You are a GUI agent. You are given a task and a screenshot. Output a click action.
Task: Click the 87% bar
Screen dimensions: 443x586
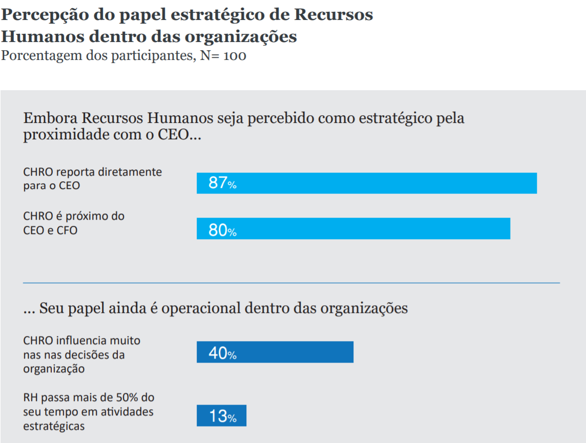[367, 183]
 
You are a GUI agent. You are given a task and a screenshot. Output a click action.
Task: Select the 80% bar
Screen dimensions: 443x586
[353, 228]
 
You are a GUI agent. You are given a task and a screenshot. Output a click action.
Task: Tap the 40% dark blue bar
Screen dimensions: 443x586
[275, 352]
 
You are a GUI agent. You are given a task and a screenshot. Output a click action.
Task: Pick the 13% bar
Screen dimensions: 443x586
[221, 416]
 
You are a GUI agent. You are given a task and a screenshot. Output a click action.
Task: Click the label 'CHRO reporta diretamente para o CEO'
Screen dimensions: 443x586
[92, 178]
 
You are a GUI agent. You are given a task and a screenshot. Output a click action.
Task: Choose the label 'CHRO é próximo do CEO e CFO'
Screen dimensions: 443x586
[74, 223]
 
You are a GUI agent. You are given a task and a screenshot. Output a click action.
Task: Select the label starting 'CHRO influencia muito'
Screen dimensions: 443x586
[81, 354]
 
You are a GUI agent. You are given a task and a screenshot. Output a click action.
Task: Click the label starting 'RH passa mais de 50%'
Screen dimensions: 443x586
[89, 411]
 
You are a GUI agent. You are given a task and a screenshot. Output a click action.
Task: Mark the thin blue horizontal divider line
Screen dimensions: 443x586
[291, 283]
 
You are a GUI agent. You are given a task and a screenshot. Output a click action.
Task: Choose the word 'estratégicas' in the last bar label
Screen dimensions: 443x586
[54, 425]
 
